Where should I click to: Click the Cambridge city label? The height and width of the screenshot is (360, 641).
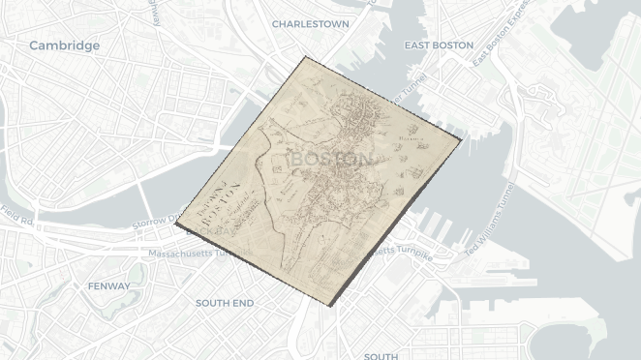(64, 45)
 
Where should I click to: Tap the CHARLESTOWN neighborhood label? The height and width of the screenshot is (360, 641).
(310, 23)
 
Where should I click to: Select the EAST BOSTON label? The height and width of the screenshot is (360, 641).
(439, 45)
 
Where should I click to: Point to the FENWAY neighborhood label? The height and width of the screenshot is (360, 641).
(108, 286)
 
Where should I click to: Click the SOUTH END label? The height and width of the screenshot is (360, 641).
(225, 303)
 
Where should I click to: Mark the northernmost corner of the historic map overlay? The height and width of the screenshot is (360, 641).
(305, 57)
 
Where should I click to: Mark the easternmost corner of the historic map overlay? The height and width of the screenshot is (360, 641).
(462, 139)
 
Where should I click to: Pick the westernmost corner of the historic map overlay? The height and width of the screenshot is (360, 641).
(176, 225)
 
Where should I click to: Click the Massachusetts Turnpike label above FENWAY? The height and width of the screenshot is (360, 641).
(189, 254)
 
